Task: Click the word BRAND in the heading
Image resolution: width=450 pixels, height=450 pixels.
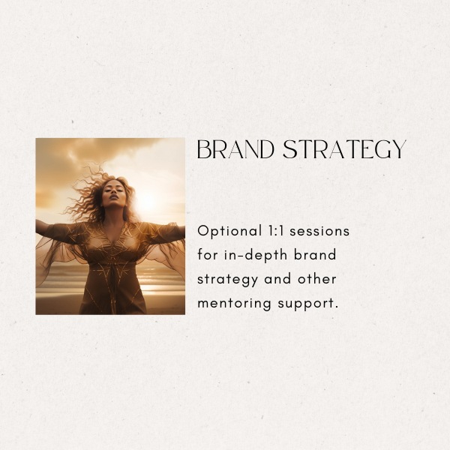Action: coord(235,149)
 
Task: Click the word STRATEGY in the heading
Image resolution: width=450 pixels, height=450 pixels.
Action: coord(344,149)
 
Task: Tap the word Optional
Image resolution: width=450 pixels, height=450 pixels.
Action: coord(229,231)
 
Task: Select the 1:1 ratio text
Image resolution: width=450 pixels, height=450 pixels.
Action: coord(275,231)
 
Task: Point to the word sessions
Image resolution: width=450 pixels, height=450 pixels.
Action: coord(319,231)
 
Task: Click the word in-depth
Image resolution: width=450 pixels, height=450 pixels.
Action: coord(255,256)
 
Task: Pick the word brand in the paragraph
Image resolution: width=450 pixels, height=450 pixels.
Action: coord(315,254)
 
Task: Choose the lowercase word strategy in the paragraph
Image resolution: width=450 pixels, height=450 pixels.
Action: coord(227,280)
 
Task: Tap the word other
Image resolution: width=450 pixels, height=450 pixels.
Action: coord(316,279)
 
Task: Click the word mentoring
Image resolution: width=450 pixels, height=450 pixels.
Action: coord(234,304)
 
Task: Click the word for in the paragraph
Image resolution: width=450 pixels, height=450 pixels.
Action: coord(208,254)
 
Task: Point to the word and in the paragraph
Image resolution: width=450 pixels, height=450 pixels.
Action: coord(277,279)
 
